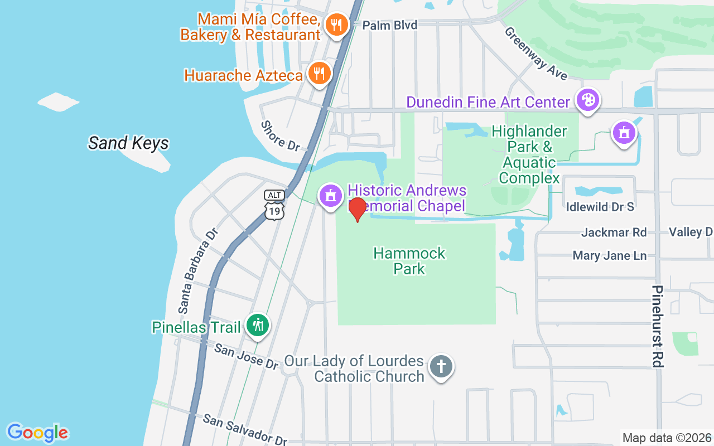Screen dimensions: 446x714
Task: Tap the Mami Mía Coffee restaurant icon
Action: pyautogui.click(x=336, y=25)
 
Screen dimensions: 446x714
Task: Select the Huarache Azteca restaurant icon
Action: pyautogui.click(x=319, y=74)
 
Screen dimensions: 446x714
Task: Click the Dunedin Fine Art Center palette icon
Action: pyautogui.click(x=587, y=101)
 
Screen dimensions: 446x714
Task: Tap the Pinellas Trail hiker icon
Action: pyautogui.click(x=258, y=324)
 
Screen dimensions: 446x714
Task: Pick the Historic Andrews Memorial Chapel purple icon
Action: pyautogui.click(x=331, y=196)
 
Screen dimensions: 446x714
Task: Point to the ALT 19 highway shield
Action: pyautogui.click(x=274, y=205)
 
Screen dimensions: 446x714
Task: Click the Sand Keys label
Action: pyautogui.click(x=128, y=143)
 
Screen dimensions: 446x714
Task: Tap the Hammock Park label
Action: pyautogui.click(x=409, y=261)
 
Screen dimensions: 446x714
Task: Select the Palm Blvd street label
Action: pyautogui.click(x=389, y=25)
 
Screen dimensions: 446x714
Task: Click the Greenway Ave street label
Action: pyautogui.click(x=535, y=53)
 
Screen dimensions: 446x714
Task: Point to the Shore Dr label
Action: pyautogui.click(x=281, y=136)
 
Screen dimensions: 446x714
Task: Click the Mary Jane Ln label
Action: pyautogui.click(x=610, y=256)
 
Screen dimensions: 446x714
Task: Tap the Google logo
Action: pyautogui.click(x=37, y=432)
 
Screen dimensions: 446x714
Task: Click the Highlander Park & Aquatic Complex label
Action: pyautogui.click(x=529, y=154)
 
